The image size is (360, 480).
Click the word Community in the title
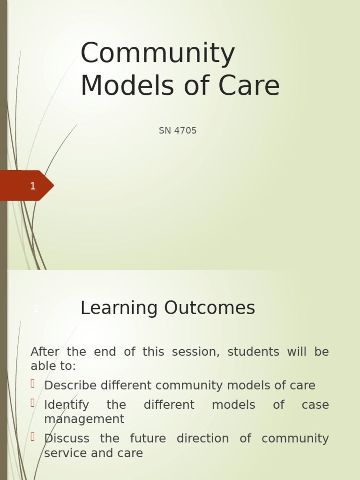157,54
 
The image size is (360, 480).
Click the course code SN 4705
178,131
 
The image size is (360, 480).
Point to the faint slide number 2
36,309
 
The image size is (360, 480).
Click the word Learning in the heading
113,308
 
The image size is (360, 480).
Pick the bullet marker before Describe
33,384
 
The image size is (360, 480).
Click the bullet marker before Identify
33,403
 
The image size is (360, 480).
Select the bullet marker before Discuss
33,437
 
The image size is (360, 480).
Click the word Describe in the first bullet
70,386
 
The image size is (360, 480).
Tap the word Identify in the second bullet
67,405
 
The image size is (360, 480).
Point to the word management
84,419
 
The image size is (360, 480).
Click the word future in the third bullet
148,439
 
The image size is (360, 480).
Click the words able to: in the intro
53,366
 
